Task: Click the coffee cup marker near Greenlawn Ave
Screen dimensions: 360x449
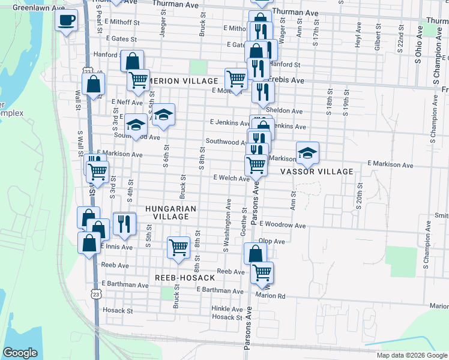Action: click(x=66, y=21)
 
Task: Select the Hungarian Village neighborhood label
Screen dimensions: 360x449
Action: click(x=171, y=212)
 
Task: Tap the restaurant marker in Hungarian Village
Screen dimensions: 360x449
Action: click(x=124, y=224)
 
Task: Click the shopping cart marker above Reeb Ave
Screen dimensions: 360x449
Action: click(x=178, y=247)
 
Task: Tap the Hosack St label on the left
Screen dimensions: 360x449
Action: click(x=117, y=311)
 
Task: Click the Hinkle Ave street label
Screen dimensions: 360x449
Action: click(x=226, y=308)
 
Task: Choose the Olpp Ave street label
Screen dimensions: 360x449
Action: click(x=272, y=241)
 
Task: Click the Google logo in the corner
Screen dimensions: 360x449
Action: click(x=20, y=353)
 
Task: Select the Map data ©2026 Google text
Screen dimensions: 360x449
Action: click(x=412, y=355)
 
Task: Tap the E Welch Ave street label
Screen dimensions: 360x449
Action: click(x=231, y=178)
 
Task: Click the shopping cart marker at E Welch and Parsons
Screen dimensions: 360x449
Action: click(x=256, y=164)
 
